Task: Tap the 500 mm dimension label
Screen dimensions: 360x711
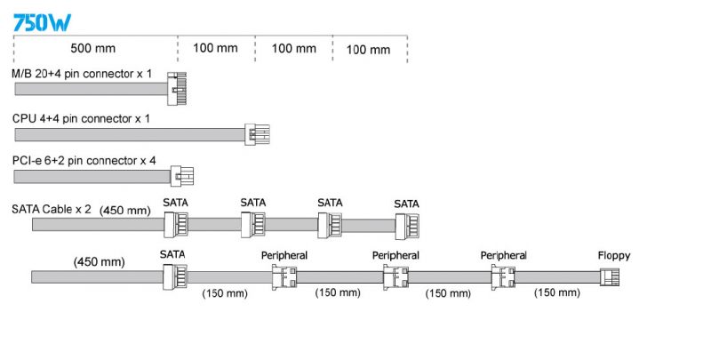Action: [93, 48]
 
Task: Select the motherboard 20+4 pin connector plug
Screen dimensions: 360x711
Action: [179, 88]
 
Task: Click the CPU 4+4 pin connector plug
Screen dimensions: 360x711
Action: [258, 135]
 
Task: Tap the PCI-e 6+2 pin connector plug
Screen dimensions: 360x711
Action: [181, 175]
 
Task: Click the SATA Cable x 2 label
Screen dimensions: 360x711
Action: [52, 210]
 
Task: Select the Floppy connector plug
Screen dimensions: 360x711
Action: [611, 277]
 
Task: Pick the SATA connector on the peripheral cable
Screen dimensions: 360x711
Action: [174, 276]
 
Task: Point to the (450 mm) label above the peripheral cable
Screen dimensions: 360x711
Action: [99, 261]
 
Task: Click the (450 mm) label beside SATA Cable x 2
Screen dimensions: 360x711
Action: [125, 210]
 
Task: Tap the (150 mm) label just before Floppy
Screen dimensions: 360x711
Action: [557, 292]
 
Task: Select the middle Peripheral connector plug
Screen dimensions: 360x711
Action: [394, 277]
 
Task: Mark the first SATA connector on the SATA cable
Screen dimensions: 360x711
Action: [176, 225]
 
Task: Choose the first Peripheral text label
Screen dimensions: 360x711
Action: [284, 255]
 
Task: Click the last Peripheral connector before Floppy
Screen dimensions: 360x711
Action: [503, 277]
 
